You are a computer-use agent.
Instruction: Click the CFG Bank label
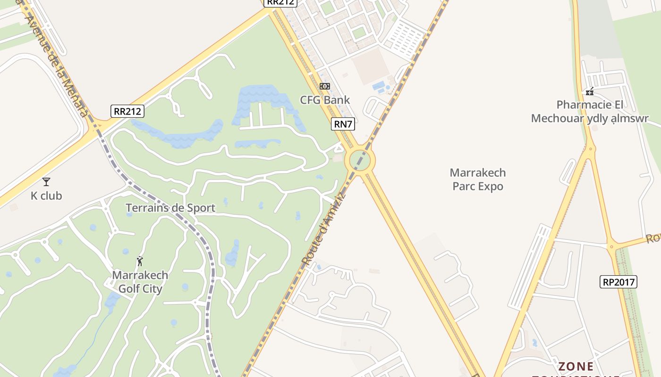click(325, 100)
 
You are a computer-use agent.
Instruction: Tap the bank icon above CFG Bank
click(325, 86)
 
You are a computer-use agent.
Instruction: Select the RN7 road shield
click(343, 124)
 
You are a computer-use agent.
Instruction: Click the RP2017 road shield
click(619, 282)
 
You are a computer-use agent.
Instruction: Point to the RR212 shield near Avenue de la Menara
click(127, 111)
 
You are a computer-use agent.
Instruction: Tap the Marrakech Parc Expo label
click(478, 180)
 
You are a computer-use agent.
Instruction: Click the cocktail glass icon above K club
click(46, 181)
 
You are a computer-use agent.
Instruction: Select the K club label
click(46, 196)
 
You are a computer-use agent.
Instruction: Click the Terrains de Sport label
click(170, 208)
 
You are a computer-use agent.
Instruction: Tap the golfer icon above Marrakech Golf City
click(140, 261)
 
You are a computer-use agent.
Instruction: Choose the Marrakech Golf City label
click(140, 282)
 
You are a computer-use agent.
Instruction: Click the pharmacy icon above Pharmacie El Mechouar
click(590, 91)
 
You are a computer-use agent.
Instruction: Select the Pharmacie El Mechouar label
click(590, 112)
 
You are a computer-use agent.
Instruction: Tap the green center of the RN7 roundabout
click(360, 161)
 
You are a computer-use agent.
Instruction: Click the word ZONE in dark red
click(576, 366)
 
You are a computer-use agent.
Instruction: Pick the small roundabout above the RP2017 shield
click(612, 246)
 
